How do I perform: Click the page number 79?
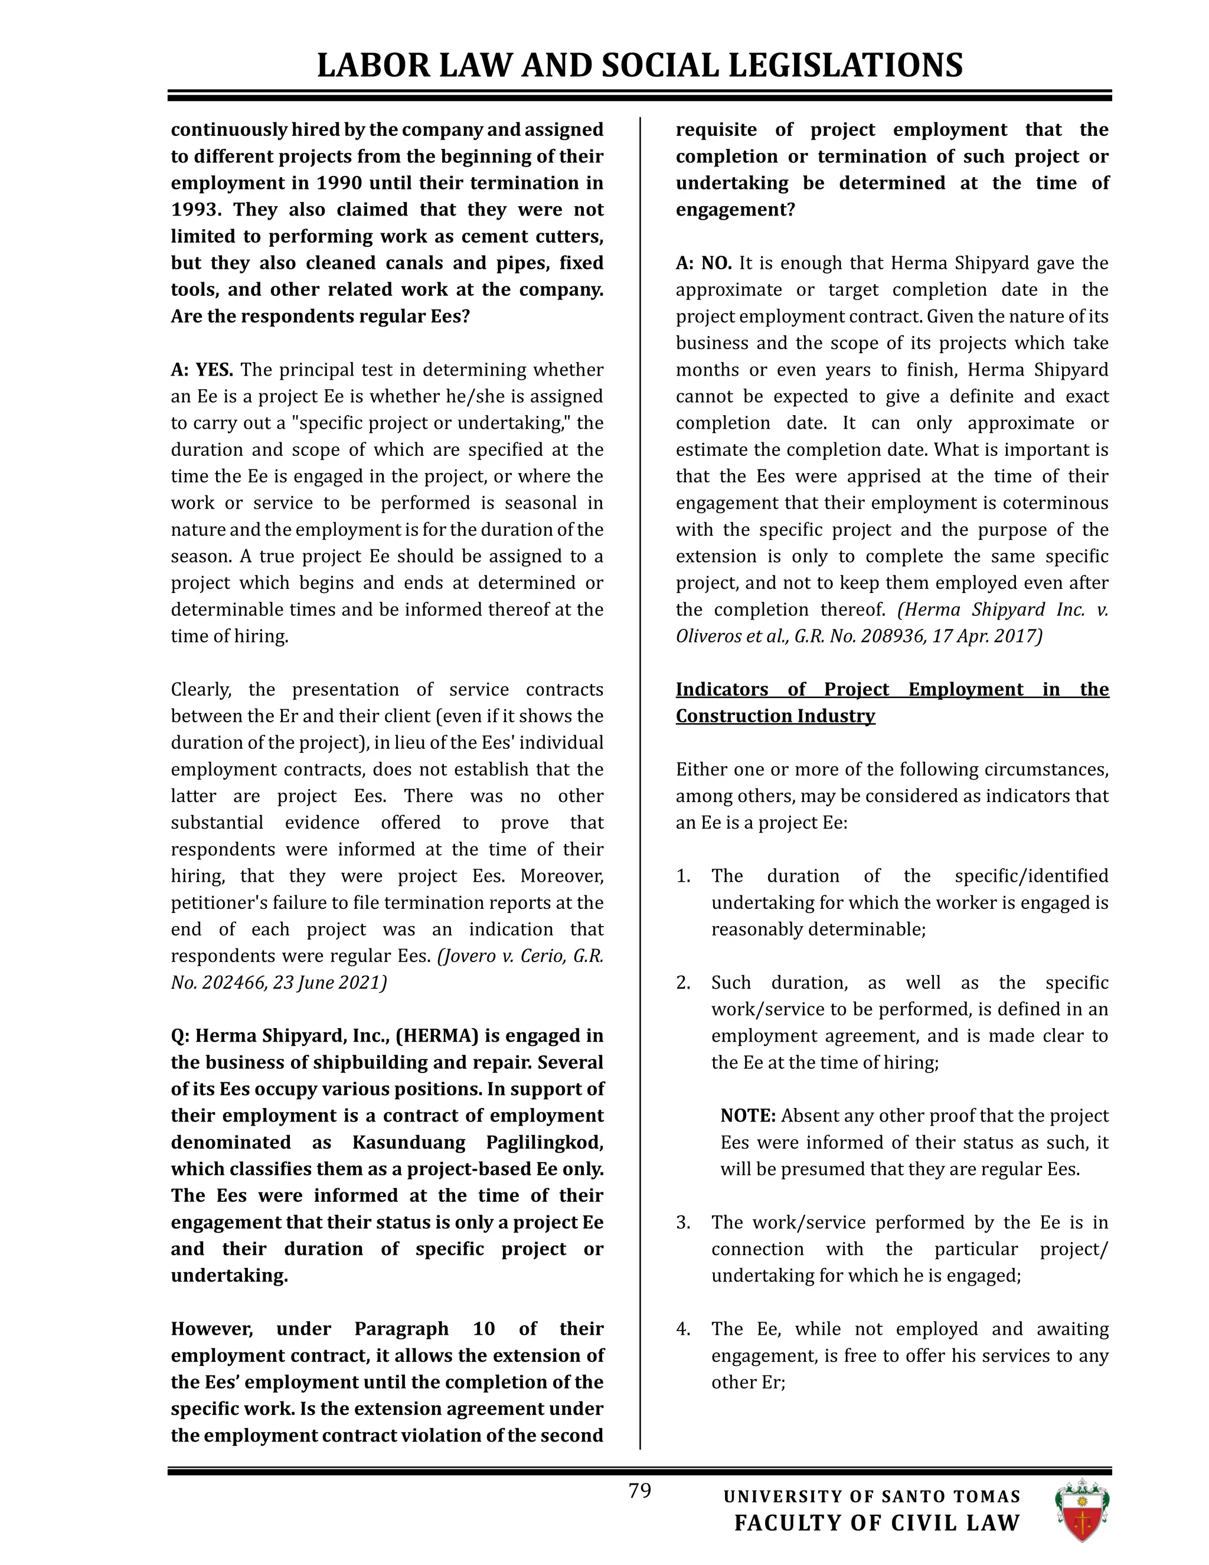(639, 1491)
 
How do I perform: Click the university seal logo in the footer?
(1081, 1510)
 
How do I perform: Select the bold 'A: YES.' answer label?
(202, 370)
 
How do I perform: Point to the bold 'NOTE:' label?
(748, 1116)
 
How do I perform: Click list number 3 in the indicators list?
(682, 1222)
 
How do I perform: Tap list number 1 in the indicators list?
(682, 876)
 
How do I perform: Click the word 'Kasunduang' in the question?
(409, 1142)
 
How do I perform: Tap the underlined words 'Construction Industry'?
(775, 716)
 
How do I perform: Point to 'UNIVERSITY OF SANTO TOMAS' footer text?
(872, 1496)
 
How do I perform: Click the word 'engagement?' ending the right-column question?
(735, 210)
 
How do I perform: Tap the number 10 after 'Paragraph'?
(483, 1329)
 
